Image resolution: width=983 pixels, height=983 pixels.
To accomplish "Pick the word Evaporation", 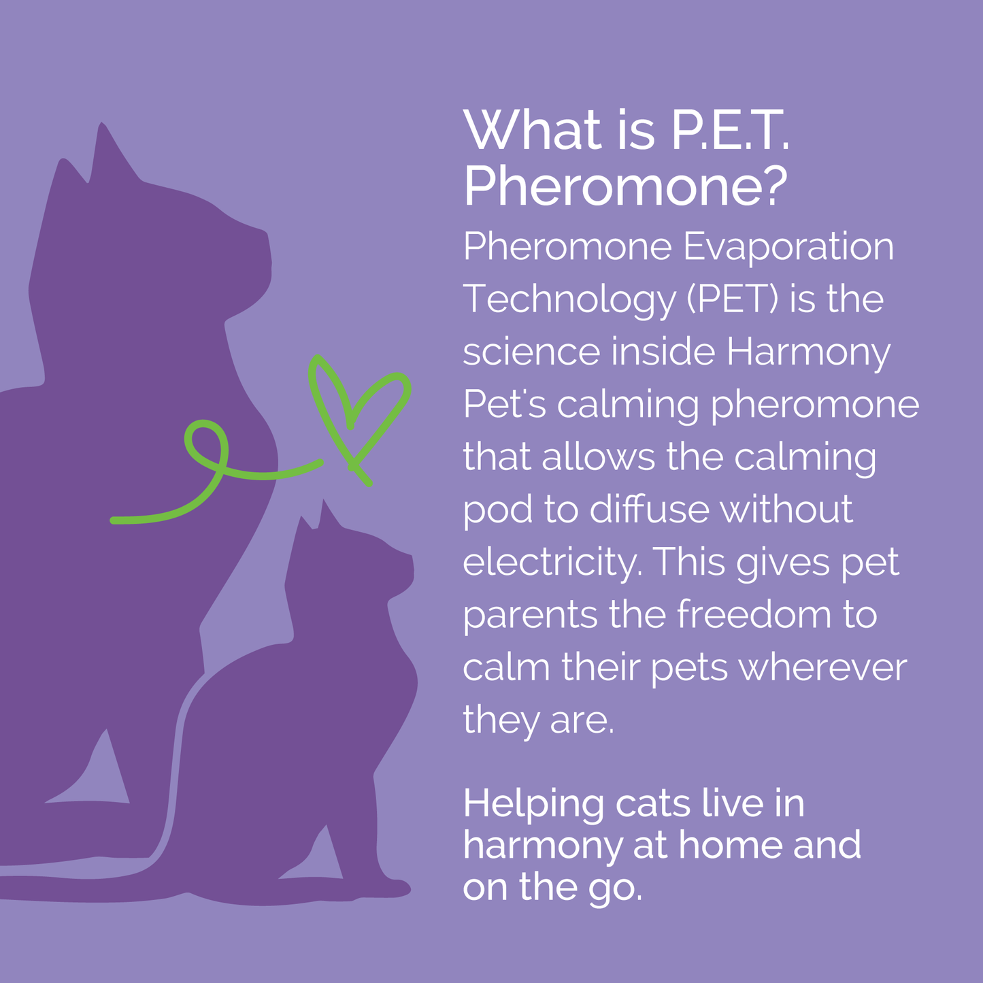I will click(788, 248).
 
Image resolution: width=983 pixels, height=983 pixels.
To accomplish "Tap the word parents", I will click(531, 616).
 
